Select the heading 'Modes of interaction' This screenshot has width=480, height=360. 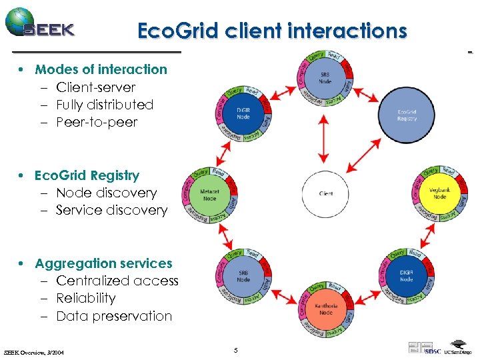(101, 69)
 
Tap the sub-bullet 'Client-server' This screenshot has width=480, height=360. (95, 87)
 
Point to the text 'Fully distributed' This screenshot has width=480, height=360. (105, 105)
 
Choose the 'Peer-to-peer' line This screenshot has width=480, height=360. (97, 122)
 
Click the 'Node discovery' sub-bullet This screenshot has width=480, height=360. (107, 193)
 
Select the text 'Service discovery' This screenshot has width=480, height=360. (112, 210)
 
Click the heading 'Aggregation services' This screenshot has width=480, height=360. (103, 263)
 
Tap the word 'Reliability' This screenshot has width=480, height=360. (86, 298)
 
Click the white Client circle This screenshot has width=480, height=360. (326, 194)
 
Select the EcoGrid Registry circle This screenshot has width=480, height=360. (407, 115)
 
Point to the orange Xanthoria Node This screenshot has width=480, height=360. (325, 309)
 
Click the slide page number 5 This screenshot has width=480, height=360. (235, 349)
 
